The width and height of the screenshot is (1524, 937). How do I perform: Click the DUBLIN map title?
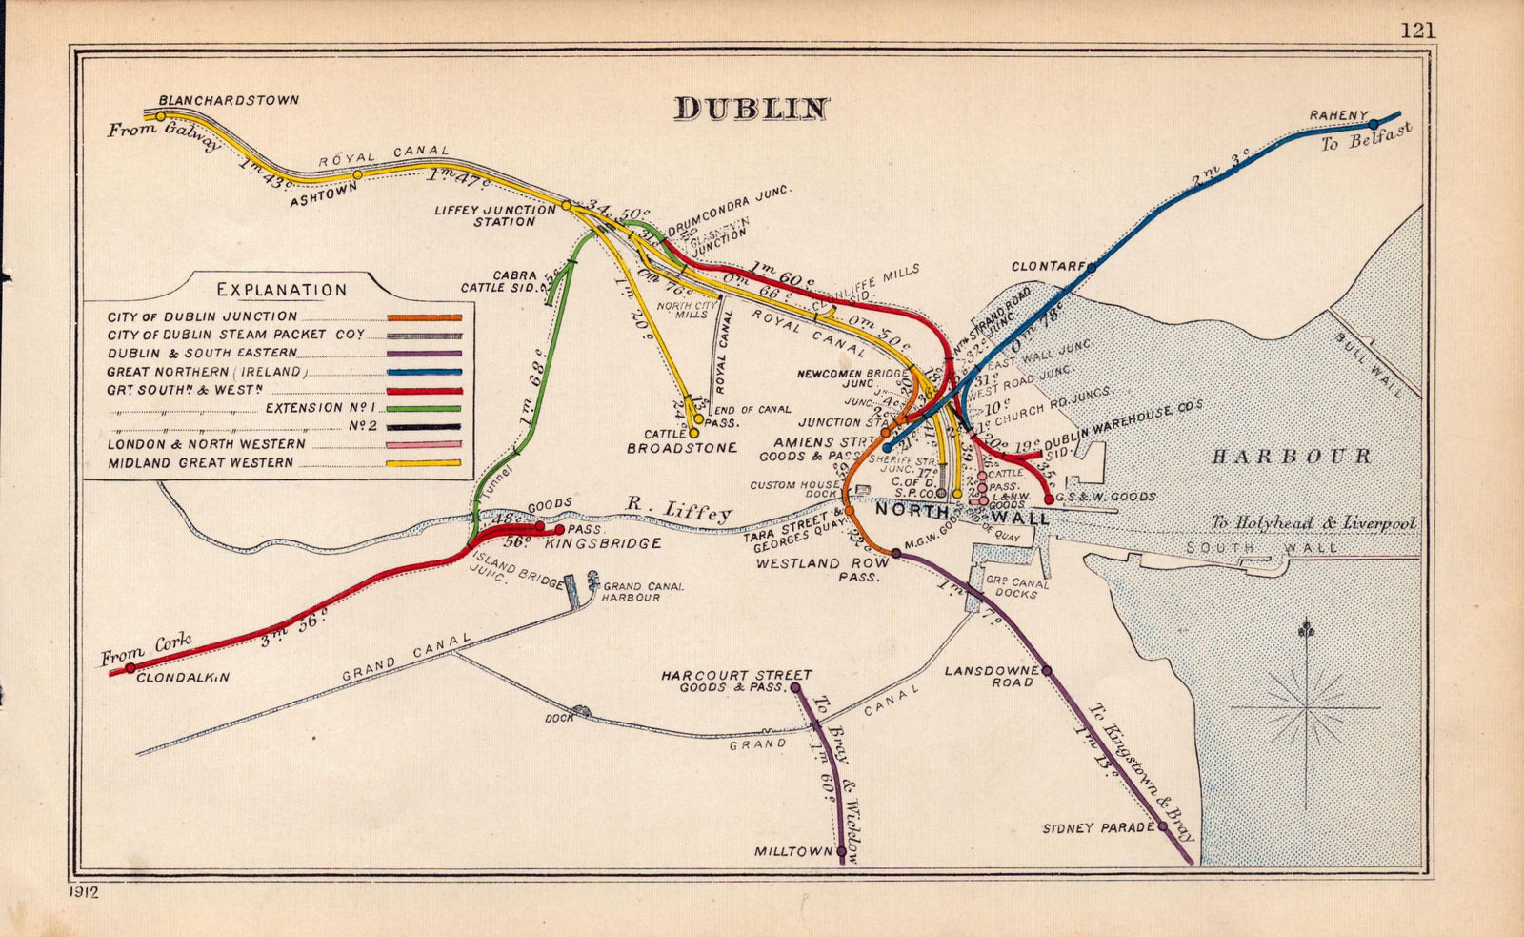tap(752, 109)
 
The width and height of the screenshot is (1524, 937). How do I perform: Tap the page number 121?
tap(1417, 30)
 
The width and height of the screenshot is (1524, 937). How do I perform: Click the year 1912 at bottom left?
tap(84, 893)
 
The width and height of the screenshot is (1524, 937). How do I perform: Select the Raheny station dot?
tap(1374, 124)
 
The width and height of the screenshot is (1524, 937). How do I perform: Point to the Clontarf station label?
tap(1048, 267)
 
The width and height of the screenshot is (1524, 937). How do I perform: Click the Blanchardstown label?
tap(229, 100)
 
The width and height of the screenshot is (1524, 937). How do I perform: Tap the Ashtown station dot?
tap(358, 174)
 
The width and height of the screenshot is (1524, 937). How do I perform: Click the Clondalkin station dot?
tap(130, 667)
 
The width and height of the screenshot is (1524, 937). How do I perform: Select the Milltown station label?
tap(793, 851)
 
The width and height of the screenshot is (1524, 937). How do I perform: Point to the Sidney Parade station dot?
tap(1163, 826)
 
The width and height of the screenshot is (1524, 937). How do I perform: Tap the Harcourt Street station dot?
tap(795, 686)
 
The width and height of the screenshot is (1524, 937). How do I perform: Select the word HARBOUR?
tap(1291, 457)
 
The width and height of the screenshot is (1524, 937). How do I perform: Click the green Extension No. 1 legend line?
tap(424, 408)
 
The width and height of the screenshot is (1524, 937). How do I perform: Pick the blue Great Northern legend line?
tap(424, 372)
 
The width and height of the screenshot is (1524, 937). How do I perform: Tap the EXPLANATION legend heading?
tap(282, 290)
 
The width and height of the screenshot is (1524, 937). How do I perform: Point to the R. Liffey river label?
tap(678, 510)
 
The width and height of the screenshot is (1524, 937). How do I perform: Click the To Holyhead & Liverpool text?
tap(1313, 523)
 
